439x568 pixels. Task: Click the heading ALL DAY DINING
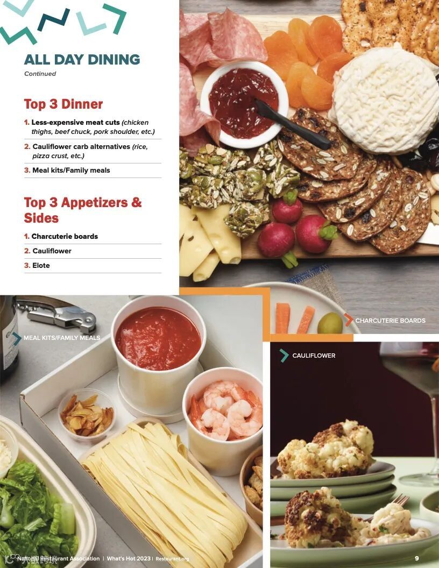point(82,59)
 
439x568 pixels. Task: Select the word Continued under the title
point(40,74)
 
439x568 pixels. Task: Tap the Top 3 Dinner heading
point(63,104)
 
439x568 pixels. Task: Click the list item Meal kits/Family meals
point(67,171)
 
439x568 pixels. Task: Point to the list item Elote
point(37,266)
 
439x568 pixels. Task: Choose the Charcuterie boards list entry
point(61,236)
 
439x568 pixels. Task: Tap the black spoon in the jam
point(292,124)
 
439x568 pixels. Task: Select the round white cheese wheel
point(386,100)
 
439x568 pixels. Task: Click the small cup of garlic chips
point(87,414)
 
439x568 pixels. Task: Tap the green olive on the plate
point(330,323)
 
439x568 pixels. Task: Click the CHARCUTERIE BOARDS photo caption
point(390,321)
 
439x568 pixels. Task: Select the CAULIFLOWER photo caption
point(314,356)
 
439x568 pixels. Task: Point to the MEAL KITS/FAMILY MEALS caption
point(62,338)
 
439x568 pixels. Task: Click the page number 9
point(417,558)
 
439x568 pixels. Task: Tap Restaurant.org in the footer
point(172,559)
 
